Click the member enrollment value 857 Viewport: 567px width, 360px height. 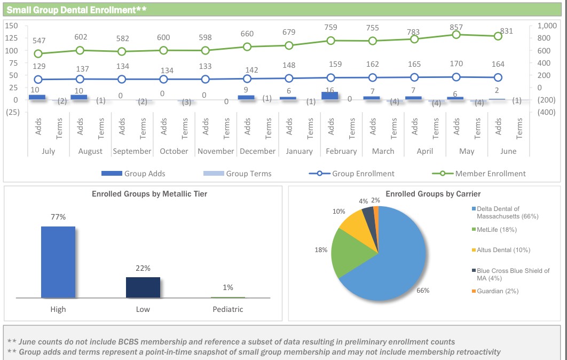tap(456, 27)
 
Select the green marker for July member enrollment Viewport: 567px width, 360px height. tap(38, 53)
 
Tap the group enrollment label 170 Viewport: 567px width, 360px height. tap(456, 64)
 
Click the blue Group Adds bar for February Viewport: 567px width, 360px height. tap(330, 96)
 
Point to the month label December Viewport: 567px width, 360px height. tap(257, 151)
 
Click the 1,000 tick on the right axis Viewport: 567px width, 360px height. tap(547, 26)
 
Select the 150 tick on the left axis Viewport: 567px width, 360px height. tap(12, 26)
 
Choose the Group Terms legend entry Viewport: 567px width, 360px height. tap(237, 174)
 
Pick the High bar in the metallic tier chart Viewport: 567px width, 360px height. tap(58, 262)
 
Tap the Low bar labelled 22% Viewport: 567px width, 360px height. tap(143, 287)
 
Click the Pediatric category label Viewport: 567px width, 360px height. tap(228, 309)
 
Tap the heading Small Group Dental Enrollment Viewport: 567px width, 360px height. tap(76, 9)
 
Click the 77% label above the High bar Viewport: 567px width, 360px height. tap(58, 217)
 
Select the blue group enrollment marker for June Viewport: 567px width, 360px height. tap(498, 77)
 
